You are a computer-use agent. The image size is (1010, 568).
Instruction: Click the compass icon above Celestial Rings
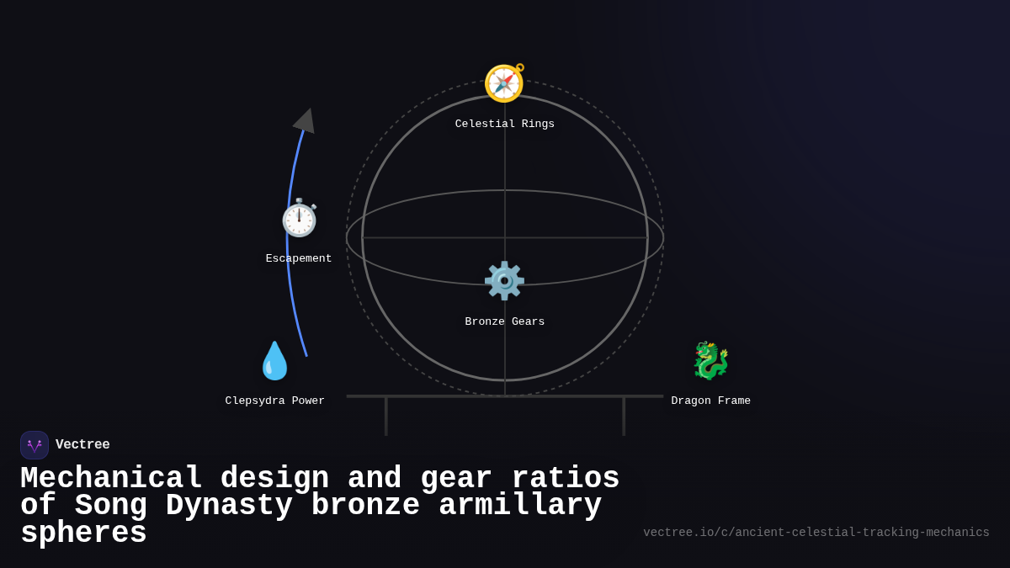click(x=504, y=83)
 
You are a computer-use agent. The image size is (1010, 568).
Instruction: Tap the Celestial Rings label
click(x=505, y=125)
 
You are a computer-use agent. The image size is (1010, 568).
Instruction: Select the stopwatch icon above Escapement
click(x=299, y=219)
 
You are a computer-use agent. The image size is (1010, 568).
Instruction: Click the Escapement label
click(x=299, y=259)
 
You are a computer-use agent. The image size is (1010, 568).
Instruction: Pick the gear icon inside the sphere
click(x=504, y=281)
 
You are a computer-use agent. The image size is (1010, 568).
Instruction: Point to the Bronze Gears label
click(x=505, y=322)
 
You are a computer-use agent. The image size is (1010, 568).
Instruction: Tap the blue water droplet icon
click(x=274, y=361)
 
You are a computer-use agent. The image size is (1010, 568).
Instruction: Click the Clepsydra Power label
click(x=275, y=401)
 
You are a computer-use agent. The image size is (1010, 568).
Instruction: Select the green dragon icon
click(x=710, y=361)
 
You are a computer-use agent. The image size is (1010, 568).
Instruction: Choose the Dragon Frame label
click(x=711, y=401)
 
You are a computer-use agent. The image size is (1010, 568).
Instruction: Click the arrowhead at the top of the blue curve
click(x=306, y=120)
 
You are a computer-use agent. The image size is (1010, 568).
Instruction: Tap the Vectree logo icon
click(x=35, y=445)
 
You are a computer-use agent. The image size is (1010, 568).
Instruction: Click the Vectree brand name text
click(x=82, y=445)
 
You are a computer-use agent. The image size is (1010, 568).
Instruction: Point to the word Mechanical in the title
click(x=111, y=479)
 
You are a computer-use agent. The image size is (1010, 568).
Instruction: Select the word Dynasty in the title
click(x=229, y=506)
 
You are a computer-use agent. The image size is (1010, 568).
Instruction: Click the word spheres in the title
click(x=83, y=533)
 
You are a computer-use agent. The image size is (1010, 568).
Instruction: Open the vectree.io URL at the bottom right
click(x=816, y=533)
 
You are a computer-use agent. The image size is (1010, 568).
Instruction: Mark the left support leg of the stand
click(x=386, y=417)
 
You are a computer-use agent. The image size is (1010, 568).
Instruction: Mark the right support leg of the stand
click(x=624, y=417)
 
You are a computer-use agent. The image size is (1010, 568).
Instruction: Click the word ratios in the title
click(x=566, y=479)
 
